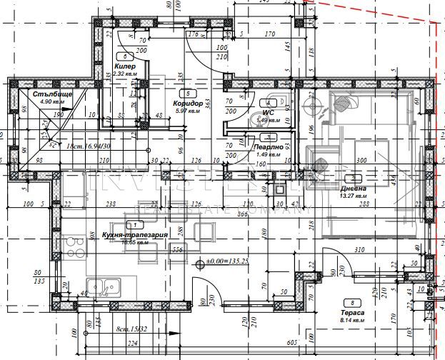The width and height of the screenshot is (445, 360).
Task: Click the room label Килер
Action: point(124,66)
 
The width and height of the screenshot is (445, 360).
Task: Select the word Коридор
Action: point(186,104)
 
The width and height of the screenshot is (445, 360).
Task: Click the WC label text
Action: point(268,112)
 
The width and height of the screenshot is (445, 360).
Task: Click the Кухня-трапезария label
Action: point(135,234)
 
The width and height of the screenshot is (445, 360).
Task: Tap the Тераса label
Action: point(353,314)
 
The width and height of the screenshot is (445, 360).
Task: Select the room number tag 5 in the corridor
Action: point(187,93)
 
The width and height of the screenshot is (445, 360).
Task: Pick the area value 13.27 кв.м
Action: point(353,196)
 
